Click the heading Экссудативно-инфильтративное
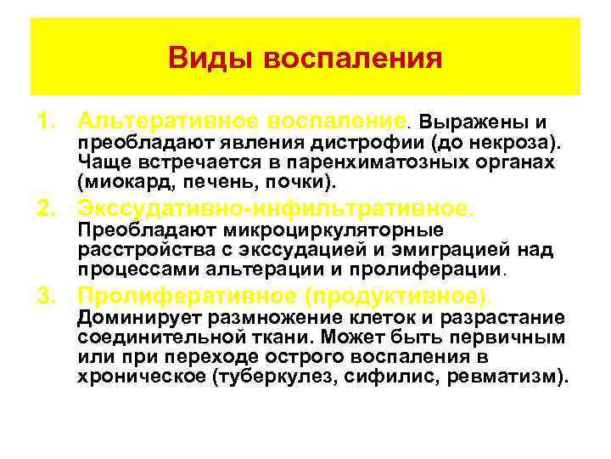coord(276,207)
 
